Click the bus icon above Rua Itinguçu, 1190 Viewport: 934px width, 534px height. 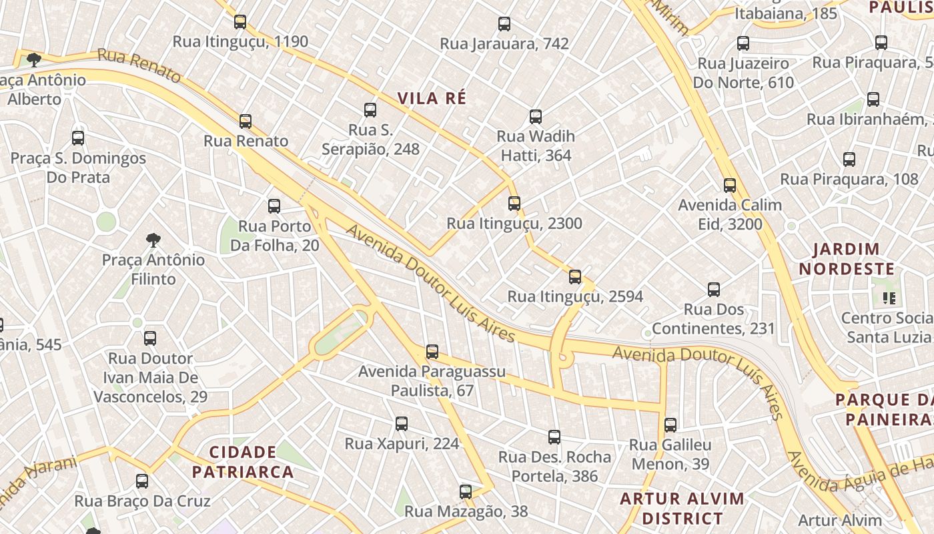click(240, 22)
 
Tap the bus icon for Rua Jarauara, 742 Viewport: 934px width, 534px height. click(504, 24)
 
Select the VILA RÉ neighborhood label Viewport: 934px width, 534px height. click(432, 98)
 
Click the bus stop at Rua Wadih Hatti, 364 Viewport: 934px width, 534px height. click(535, 117)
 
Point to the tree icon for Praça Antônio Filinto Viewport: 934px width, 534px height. click(153, 240)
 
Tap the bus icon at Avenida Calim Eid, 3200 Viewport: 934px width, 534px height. click(730, 186)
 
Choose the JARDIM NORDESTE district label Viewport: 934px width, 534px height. click(847, 260)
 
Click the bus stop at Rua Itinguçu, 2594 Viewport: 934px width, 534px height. click(575, 277)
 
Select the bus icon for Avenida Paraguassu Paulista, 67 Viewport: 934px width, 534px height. click(432, 352)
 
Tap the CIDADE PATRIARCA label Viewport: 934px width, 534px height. click(243, 462)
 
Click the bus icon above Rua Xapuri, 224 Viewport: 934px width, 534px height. click(402, 424)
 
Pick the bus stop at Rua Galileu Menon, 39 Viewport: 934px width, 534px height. click(670, 425)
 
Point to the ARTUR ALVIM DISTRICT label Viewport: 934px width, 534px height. click(682, 508)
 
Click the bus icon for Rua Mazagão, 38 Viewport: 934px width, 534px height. click(466, 492)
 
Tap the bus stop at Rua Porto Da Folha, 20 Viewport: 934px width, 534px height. click(274, 206)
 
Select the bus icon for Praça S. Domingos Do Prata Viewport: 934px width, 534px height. click(78, 138)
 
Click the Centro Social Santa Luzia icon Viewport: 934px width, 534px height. click(889, 298)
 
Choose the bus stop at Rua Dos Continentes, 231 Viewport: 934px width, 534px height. click(714, 290)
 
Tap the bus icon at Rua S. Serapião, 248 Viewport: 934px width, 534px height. click(370, 110)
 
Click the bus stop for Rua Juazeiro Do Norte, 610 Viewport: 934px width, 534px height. click(743, 44)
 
